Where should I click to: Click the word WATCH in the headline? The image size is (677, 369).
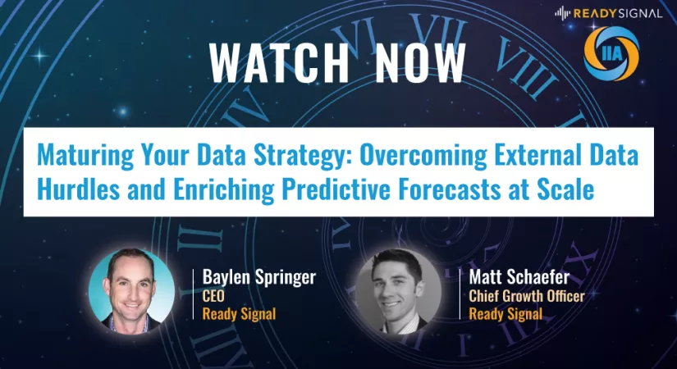pyautogui.click(x=279, y=63)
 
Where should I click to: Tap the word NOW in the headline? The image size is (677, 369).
pyautogui.click(x=420, y=63)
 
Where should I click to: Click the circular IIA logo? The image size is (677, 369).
pyautogui.click(x=611, y=53)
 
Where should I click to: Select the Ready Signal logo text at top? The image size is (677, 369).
pyautogui.click(x=608, y=13)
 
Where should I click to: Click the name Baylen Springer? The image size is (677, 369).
pyautogui.click(x=259, y=277)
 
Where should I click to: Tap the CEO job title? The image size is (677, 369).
pyautogui.click(x=213, y=296)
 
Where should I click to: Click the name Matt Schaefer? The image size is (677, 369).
pyautogui.click(x=519, y=277)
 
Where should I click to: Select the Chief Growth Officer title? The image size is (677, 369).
pyautogui.click(x=527, y=296)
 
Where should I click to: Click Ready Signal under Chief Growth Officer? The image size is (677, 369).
pyautogui.click(x=505, y=314)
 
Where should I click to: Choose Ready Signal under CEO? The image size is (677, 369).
pyautogui.click(x=239, y=314)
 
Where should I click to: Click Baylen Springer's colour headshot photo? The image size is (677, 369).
pyautogui.click(x=131, y=292)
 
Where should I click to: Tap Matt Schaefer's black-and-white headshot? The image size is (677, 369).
pyautogui.click(x=399, y=292)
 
